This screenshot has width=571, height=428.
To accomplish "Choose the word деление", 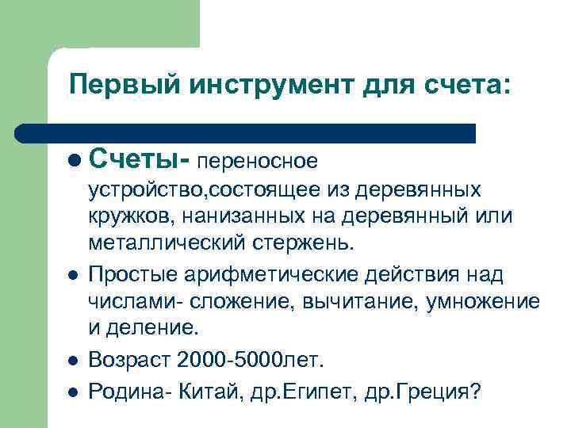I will [145, 327].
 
